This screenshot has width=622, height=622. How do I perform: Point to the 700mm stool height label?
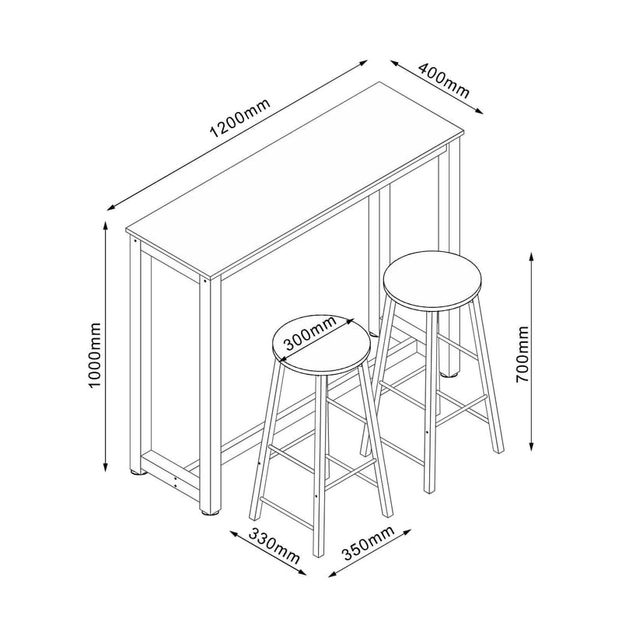coord(522,353)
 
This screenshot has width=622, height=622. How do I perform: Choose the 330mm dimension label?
coord(275,545)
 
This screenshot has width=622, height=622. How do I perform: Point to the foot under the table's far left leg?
coord(137,470)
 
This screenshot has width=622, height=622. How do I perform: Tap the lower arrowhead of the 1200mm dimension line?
coord(110,207)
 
